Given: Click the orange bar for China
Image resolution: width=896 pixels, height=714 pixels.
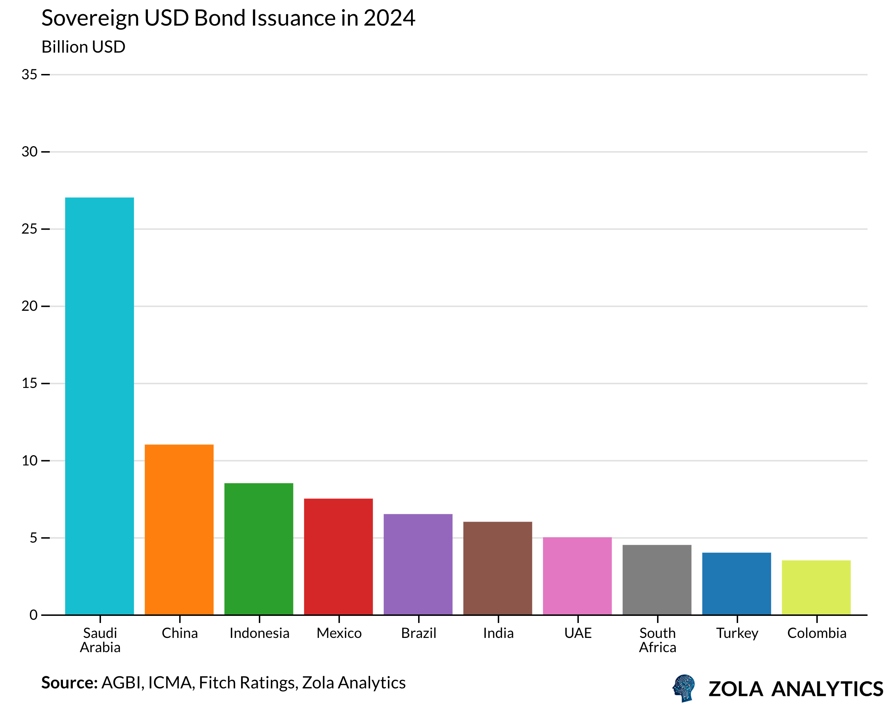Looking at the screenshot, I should point(179,529).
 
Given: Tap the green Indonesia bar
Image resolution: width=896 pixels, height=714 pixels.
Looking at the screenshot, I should point(258,549).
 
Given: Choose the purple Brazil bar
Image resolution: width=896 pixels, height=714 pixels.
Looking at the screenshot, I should point(418,564).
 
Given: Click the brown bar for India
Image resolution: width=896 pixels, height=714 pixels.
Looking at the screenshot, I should point(497,568).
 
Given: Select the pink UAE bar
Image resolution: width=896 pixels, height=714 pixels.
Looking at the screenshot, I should point(577,576).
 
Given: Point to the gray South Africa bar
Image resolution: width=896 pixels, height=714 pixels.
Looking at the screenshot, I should point(657,579).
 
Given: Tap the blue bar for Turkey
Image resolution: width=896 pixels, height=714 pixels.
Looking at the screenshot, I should point(736,584).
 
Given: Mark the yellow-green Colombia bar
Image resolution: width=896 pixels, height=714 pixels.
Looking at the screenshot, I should point(816,587).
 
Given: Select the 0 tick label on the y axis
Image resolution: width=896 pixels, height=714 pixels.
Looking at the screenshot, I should point(33,615).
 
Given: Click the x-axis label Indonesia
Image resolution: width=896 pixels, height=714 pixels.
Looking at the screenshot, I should point(259,633).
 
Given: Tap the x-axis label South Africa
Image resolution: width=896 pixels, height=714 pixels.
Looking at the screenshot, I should point(657,640).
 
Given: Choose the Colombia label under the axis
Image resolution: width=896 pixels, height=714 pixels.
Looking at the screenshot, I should point(817,633).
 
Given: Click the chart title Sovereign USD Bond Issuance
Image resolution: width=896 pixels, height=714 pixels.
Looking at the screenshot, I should point(228,18).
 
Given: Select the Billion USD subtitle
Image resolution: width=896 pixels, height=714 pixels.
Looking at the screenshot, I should point(83,47).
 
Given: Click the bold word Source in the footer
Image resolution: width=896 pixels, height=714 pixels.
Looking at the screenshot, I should point(69,683).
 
